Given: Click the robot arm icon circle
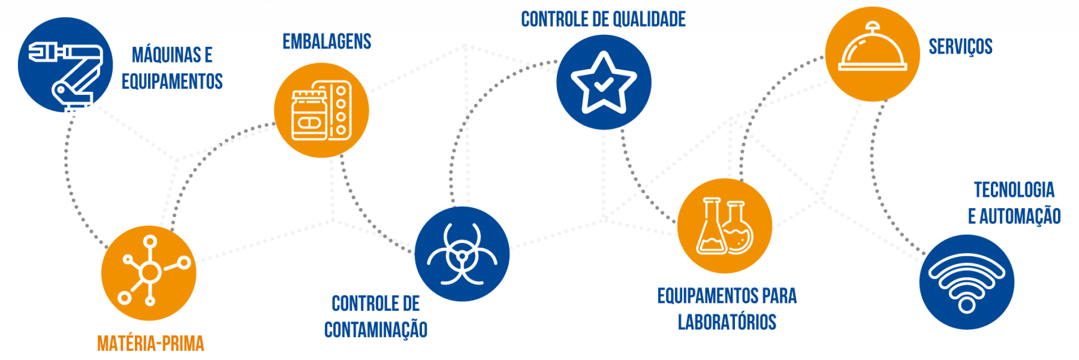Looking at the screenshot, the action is pos(65,65).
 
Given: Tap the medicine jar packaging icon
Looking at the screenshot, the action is pos(321,110).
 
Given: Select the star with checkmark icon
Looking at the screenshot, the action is pos(604,82).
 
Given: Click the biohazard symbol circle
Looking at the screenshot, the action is pos(462,254).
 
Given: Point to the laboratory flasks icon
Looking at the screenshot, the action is pos(725,226).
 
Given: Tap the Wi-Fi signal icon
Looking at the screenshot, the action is pos(967,282).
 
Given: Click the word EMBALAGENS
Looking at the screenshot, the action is pos(327,42).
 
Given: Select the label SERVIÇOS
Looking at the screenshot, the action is pos(960,47).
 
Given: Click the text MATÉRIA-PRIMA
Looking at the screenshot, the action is pos(151,344).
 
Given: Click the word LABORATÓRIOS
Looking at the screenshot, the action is pos(727,322).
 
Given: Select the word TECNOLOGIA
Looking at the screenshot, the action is pos(1014,190).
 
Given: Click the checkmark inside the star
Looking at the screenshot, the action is pos(603,84).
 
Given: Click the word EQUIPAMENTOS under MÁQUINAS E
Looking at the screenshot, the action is pos(172,81).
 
